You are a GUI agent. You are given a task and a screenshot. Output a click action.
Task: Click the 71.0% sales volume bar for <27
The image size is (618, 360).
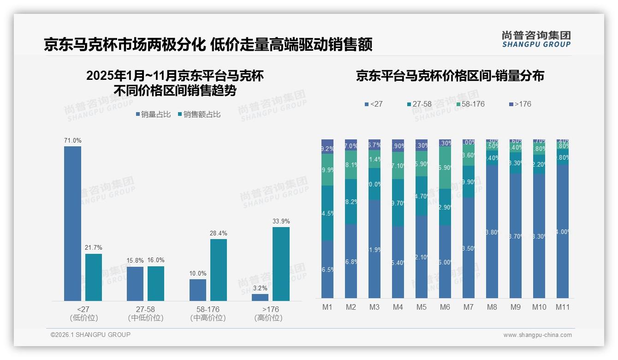pos(72,223)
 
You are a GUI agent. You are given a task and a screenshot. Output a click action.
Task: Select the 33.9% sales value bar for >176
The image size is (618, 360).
pos(281,264)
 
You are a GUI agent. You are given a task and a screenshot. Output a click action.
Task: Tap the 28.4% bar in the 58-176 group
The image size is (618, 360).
pos(219,270)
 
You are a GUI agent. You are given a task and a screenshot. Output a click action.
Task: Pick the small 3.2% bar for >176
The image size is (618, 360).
pos(260,297)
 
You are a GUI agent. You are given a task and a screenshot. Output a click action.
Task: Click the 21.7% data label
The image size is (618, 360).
pos(93,248)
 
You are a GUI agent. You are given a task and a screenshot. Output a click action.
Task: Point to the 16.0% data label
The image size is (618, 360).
pos(156,260)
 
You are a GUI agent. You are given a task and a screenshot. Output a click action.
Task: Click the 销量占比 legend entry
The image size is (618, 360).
pos(153,114)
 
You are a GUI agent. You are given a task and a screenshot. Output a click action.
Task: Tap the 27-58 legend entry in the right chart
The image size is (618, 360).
pos(419,104)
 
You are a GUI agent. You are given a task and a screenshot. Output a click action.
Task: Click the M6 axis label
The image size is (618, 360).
pos(445,307)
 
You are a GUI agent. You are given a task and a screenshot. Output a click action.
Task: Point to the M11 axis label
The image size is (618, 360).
pos(562,307)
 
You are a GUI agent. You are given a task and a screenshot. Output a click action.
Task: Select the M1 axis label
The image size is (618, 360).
pos(327,307)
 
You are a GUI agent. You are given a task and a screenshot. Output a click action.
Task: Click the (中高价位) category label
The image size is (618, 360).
pos(208,318)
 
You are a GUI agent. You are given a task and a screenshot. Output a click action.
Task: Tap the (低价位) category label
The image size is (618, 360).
pos(83,318)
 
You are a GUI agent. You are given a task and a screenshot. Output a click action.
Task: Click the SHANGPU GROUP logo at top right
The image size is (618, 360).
pos(536,39)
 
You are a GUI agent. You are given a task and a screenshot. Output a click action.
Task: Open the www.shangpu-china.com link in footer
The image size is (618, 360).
pos(537,335)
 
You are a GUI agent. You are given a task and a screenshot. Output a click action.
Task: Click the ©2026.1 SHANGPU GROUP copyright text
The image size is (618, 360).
pos(90,335)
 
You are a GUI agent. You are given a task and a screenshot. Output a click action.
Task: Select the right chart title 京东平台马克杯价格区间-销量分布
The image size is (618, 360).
pos(450,76)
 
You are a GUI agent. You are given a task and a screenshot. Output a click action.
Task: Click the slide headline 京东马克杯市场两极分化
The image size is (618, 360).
pos(125,45)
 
